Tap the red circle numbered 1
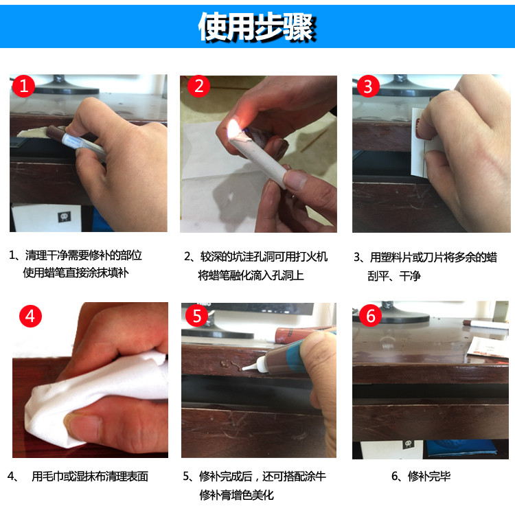point(25,87)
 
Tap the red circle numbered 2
point(200,87)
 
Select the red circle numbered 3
point(368,87)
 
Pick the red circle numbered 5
point(197,316)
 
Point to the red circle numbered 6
point(369,316)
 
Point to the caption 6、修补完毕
point(420,476)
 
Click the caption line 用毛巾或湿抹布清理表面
point(89,476)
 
